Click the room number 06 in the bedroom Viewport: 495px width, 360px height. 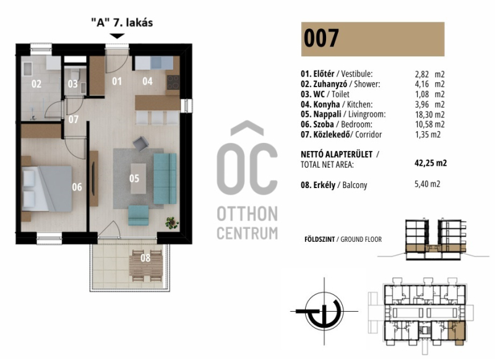(x=77, y=187)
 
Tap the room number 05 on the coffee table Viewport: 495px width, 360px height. (x=134, y=179)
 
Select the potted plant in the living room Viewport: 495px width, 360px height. (x=172, y=223)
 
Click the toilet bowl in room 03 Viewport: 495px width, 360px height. (x=75, y=75)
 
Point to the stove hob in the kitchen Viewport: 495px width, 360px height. (x=173, y=82)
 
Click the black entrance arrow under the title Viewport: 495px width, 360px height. (x=117, y=36)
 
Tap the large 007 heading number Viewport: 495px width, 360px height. (x=321, y=38)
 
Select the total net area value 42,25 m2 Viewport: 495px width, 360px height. (x=431, y=163)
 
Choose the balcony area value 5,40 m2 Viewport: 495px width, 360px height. (x=427, y=184)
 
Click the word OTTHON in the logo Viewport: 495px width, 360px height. (x=247, y=214)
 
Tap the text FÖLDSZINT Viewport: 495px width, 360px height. (x=319, y=239)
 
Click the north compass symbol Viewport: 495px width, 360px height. (x=324, y=311)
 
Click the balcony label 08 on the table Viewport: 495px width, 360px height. (x=145, y=258)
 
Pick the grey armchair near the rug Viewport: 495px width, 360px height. (x=141, y=144)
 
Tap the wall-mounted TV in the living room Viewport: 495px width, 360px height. (x=93, y=179)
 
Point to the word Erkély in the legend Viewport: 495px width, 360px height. (x=324, y=185)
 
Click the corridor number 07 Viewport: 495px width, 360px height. (x=74, y=119)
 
